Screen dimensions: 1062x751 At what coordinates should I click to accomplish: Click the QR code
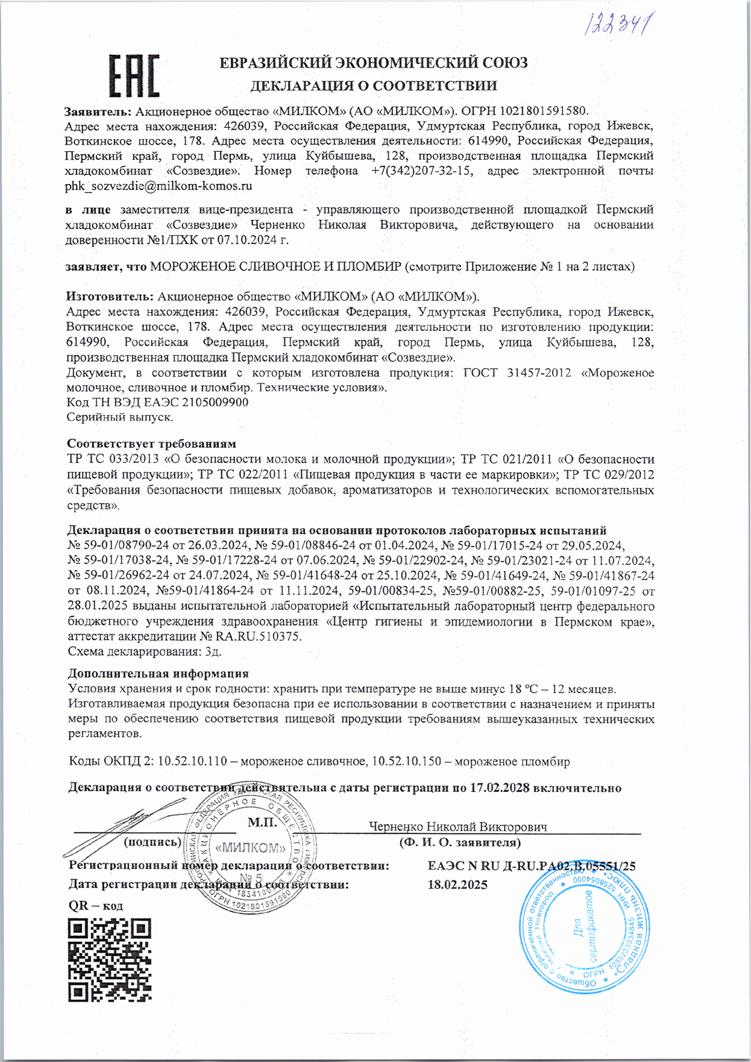click(109, 960)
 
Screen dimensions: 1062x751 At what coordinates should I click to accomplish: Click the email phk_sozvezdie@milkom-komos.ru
click(159, 186)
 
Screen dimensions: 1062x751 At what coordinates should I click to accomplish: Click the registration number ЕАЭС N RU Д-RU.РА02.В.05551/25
click(532, 866)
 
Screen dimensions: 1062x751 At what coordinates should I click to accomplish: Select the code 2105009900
click(215, 403)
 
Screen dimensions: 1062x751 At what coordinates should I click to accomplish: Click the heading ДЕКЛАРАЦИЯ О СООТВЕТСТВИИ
click(374, 86)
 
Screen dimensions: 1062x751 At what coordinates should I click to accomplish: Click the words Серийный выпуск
click(120, 417)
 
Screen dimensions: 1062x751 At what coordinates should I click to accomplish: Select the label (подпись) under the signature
click(152, 842)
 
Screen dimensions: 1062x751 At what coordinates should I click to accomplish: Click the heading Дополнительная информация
click(158, 673)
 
